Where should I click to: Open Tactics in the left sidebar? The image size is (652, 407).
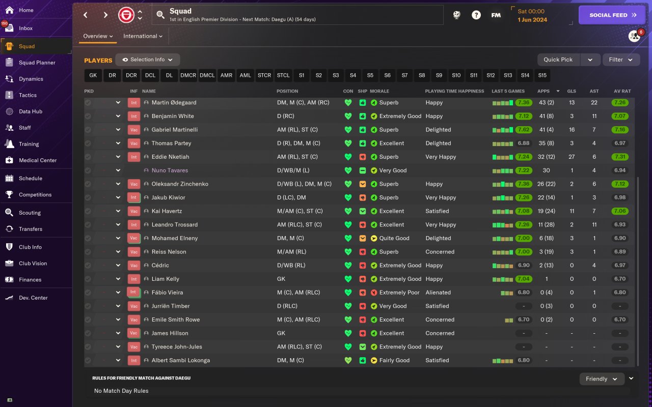point(28,95)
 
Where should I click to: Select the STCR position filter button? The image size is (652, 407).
point(264,75)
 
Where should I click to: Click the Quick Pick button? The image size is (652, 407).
point(558,60)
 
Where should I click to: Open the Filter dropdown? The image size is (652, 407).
point(621,60)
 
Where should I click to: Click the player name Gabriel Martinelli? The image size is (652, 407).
point(174,130)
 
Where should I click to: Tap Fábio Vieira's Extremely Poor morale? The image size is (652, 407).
point(399,293)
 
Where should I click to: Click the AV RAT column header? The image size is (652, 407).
point(622,91)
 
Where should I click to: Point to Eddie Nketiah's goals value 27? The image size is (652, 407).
point(572,157)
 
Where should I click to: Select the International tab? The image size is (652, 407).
point(143,36)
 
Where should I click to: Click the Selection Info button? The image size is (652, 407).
point(147,60)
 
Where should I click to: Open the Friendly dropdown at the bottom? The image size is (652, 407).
point(602,379)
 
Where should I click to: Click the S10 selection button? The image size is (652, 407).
point(456,75)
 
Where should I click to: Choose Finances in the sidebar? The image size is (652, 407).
point(30,279)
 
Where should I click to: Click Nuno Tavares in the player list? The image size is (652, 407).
point(170,170)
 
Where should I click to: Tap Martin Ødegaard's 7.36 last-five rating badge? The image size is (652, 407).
point(523,102)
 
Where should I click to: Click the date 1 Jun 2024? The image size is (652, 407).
point(532,20)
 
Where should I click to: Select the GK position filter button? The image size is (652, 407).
point(93,75)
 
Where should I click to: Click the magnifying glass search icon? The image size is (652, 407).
point(160,15)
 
